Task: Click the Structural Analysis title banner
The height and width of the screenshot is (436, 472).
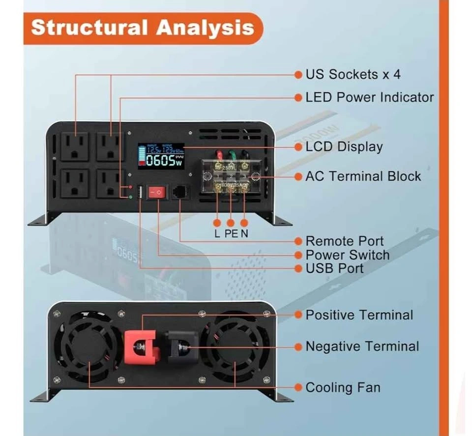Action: [x=143, y=28]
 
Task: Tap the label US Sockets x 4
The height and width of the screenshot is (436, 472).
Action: [x=353, y=75]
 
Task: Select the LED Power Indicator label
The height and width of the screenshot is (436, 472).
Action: [x=369, y=97]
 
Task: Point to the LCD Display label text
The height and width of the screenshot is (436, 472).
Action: [x=344, y=146]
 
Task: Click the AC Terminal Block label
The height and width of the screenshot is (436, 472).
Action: [x=363, y=176]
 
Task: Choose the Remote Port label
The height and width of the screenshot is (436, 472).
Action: [x=344, y=241]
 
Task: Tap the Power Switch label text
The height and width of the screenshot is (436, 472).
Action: [x=347, y=255]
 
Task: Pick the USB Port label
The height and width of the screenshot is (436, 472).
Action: [x=334, y=268]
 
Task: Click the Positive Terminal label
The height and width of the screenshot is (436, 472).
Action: [x=359, y=315]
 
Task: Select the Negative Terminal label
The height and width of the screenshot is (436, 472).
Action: [x=362, y=347]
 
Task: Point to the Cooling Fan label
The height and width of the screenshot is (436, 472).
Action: [x=343, y=387]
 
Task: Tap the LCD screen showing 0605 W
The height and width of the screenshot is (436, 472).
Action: [x=161, y=155]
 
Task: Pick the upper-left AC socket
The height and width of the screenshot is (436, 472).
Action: [x=75, y=146]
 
